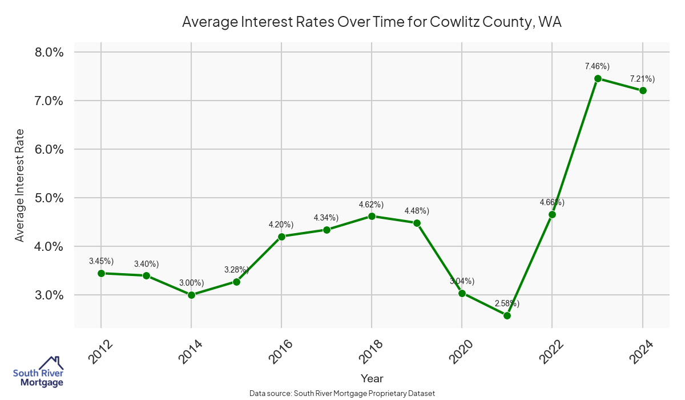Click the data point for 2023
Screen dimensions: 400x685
[x=598, y=78]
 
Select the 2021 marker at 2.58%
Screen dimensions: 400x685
[x=507, y=315]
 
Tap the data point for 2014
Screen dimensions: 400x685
[x=191, y=295]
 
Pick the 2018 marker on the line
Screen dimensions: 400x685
[x=372, y=216]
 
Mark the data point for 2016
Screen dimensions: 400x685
[x=281, y=237]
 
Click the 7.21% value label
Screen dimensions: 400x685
[x=642, y=79]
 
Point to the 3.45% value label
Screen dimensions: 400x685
[x=101, y=261]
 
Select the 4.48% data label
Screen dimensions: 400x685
[x=417, y=211]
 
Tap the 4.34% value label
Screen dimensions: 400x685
[x=326, y=218]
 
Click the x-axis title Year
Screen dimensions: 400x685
[x=372, y=378]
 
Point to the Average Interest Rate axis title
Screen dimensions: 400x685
[x=20, y=185]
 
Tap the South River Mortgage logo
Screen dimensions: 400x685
[x=38, y=372]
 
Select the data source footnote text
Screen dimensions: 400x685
[x=342, y=393]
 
